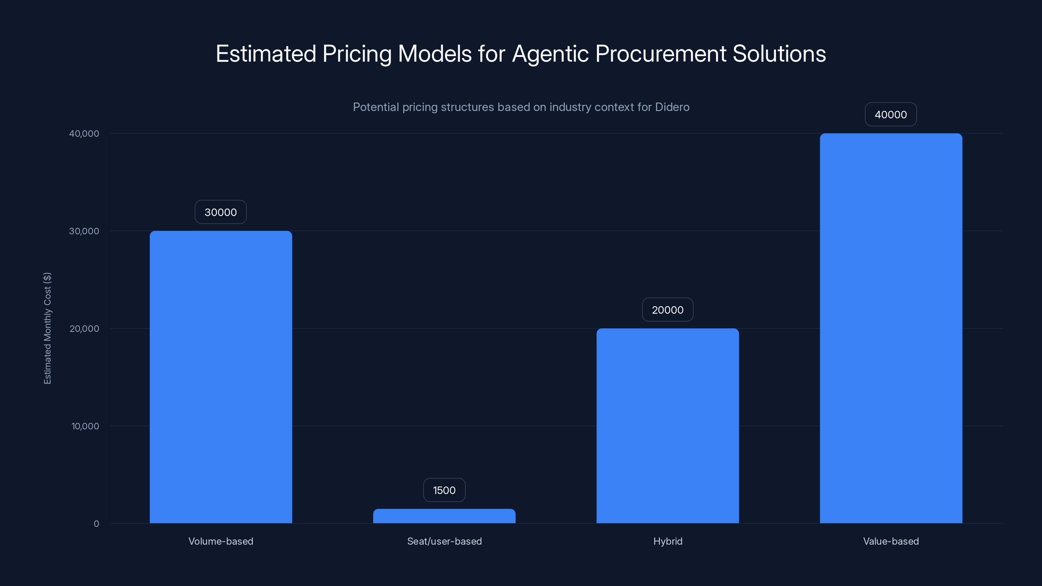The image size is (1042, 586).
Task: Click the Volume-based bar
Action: point(221,377)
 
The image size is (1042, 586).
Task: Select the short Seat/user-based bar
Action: point(444,516)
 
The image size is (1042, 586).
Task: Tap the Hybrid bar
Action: point(668,426)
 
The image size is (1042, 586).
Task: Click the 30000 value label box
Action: point(220,212)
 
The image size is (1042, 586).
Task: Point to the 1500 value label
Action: point(444,490)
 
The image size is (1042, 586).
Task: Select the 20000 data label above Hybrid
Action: point(668,310)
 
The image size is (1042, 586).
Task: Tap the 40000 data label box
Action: point(891,115)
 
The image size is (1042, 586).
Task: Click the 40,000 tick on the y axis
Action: point(84,133)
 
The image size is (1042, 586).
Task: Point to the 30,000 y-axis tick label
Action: point(84,231)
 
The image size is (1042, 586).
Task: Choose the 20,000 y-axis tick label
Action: point(84,328)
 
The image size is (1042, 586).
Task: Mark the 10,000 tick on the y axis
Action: point(85,426)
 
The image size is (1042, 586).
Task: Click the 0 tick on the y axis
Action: point(96,524)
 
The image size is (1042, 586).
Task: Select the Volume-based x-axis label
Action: point(221,541)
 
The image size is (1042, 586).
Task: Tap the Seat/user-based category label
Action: point(444,541)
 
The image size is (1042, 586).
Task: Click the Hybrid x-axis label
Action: point(668,541)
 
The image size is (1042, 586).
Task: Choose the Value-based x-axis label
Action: point(891,541)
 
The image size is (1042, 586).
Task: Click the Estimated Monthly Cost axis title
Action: point(47,328)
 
